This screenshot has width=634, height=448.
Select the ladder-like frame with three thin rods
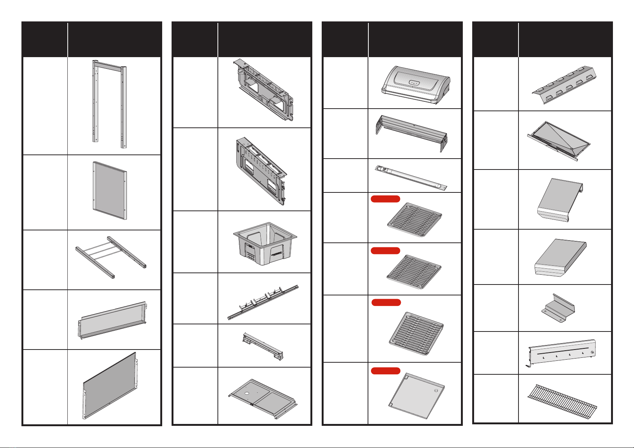111,256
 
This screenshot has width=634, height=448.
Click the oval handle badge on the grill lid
414,82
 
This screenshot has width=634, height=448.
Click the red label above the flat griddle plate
385,371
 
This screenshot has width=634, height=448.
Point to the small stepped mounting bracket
558,308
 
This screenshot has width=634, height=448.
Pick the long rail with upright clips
263,301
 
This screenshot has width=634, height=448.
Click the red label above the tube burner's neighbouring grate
385,199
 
